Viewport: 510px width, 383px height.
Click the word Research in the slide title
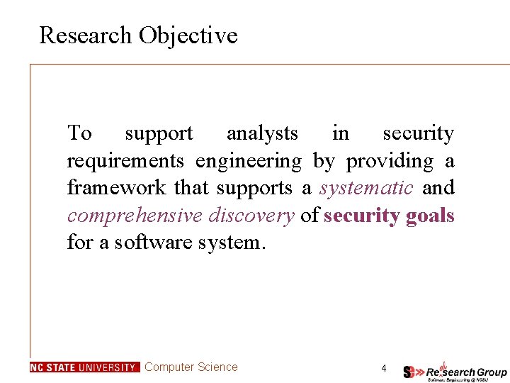pos(86,35)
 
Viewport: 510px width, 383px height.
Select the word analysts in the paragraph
pos(262,133)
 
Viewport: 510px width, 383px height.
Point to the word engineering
pos(248,162)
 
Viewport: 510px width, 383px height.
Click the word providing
pos(390,162)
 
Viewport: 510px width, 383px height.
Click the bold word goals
pos(430,216)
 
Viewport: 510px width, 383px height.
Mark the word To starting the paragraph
pos(79,133)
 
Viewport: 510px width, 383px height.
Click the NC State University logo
pos(84,367)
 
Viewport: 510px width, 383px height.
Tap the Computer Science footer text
pos(191,367)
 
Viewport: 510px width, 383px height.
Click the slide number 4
pos(383,368)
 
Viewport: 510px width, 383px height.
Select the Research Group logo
pos(455,370)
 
